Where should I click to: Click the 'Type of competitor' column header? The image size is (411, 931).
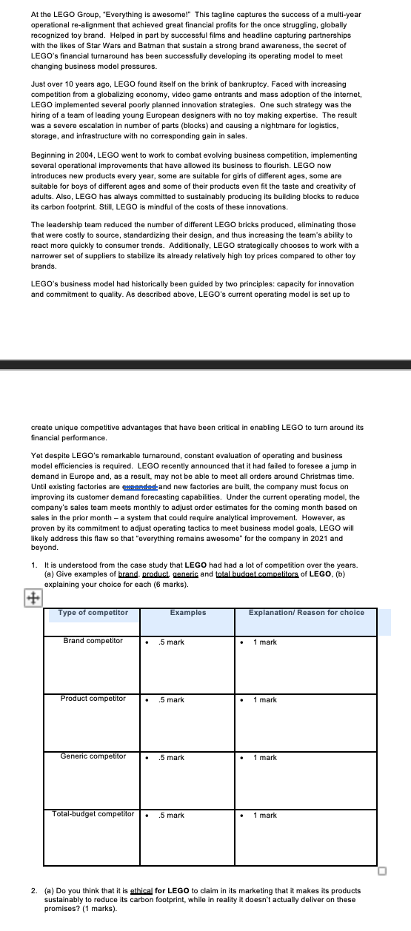pyautogui.click(x=93, y=613)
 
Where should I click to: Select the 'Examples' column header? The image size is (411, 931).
pyautogui.click(x=188, y=613)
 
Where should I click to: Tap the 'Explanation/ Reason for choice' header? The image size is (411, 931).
pyautogui.click(x=306, y=613)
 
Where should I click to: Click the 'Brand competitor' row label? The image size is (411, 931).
pyautogui.click(x=93, y=641)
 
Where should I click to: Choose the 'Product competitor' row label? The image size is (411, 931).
pyautogui.click(x=93, y=699)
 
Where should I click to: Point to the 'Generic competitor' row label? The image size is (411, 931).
pyautogui.click(x=93, y=756)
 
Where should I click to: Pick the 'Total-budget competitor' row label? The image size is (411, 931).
pyautogui.click(x=93, y=814)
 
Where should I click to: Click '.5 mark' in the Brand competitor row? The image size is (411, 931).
pyautogui.click(x=171, y=642)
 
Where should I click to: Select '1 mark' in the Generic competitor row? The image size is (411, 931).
pyautogui.click(x=264, y=758)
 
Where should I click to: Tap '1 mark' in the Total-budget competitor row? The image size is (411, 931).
pyautogui.click(x=264, y=816)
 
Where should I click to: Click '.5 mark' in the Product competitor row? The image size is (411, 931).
pyautogui.click(x=171, y=700)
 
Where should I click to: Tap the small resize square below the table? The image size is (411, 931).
pyautogui.click(x=381, y=871)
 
